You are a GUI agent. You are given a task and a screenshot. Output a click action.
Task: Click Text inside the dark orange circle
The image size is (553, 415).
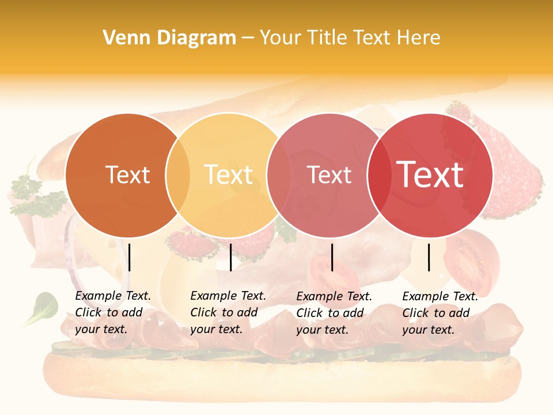click(127, 175)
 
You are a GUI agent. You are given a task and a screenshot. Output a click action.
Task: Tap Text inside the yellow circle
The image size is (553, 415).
click(228, 175)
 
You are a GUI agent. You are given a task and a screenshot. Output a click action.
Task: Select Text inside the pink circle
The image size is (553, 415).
click(329, 175)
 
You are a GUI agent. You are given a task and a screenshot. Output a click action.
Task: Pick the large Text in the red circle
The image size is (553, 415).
click(430, 175)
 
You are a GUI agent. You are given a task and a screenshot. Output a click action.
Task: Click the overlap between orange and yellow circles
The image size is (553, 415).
click(178, 175)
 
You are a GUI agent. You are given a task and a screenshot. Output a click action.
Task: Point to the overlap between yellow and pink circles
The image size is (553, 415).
click(279, 175)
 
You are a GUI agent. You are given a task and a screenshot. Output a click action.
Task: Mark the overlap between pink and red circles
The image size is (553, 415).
click(379, 175)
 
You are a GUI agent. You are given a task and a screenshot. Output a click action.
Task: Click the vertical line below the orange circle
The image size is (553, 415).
click(130, 257)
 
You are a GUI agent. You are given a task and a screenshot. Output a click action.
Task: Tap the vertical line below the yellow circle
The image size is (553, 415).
click(230, 257)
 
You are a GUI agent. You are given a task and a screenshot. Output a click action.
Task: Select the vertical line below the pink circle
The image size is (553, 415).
click(332, 257)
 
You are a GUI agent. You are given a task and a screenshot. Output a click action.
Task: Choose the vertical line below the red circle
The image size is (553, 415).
click(429, 257)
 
